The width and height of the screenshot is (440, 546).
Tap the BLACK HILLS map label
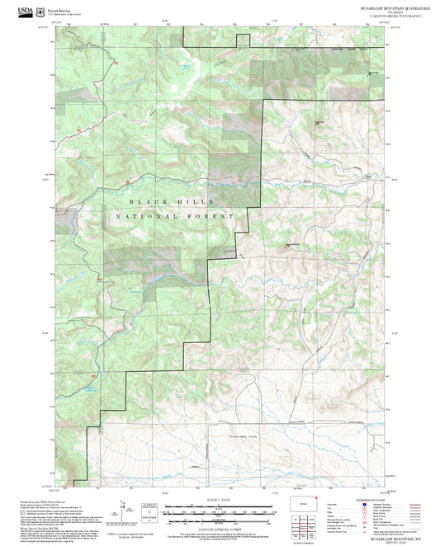[171, 201]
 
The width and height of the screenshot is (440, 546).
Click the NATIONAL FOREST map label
[171, 216]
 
